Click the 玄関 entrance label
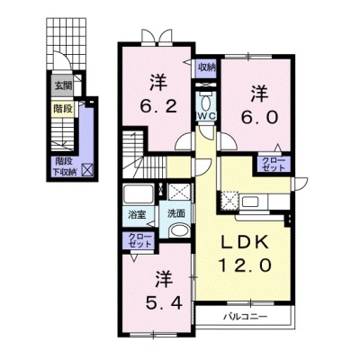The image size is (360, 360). pos(63,86)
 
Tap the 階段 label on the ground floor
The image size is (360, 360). pos(63,109)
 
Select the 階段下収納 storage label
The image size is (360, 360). pos(64,166)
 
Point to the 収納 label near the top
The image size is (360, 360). pos(207,67)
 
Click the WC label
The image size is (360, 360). pos(205,117)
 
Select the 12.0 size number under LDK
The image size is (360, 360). pos(246,265)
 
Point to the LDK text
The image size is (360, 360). pos(245,242)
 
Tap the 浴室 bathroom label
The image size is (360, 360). pos(137,215)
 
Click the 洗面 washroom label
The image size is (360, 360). pos(176,214)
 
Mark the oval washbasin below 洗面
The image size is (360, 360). pos(179,231)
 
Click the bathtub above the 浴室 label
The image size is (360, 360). pos(139,193)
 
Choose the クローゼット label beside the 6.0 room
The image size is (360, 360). pos(273,164)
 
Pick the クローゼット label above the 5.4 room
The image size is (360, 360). pos(139,240)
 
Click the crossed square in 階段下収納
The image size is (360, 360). pos(88,170)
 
